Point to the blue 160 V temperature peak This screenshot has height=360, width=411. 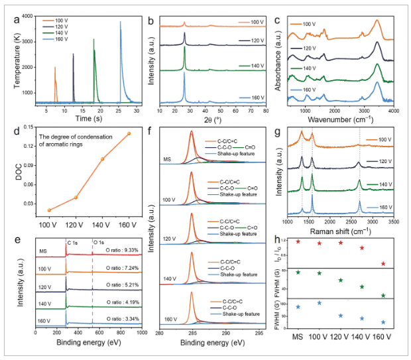click(120, 23)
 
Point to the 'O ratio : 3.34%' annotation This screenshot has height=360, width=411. click(121, 319)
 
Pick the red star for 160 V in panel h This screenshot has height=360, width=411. click(383, 264)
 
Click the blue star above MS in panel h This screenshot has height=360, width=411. click(298, 307)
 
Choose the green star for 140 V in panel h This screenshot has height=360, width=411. click(362, 287)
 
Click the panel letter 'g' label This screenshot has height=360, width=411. click(280, 133)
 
